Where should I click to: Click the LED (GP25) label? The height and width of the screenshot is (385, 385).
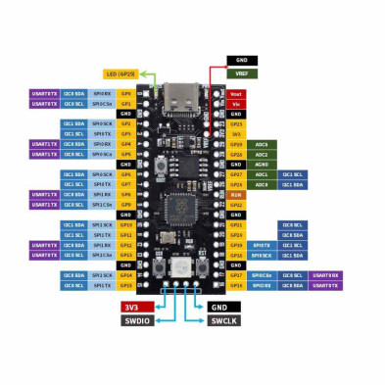(x=120, y=73)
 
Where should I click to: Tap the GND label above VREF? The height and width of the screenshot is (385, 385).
(x=242, y=61)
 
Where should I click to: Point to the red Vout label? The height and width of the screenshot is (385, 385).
(x=236, y=93)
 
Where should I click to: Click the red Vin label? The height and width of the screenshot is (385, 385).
(x=236, y=103)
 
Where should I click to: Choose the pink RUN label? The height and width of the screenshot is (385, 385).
(x=236, y=194)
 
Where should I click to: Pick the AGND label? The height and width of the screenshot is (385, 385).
(x=262, y=164)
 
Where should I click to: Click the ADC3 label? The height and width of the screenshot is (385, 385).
(x=262, y=144)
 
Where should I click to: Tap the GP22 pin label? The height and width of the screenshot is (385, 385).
(x=236, y=205)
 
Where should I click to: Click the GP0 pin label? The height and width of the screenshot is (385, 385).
(x=125, y=93)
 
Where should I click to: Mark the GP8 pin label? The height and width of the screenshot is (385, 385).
(x=125, y=194)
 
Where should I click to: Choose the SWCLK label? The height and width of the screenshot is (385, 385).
(x=223, y=320)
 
